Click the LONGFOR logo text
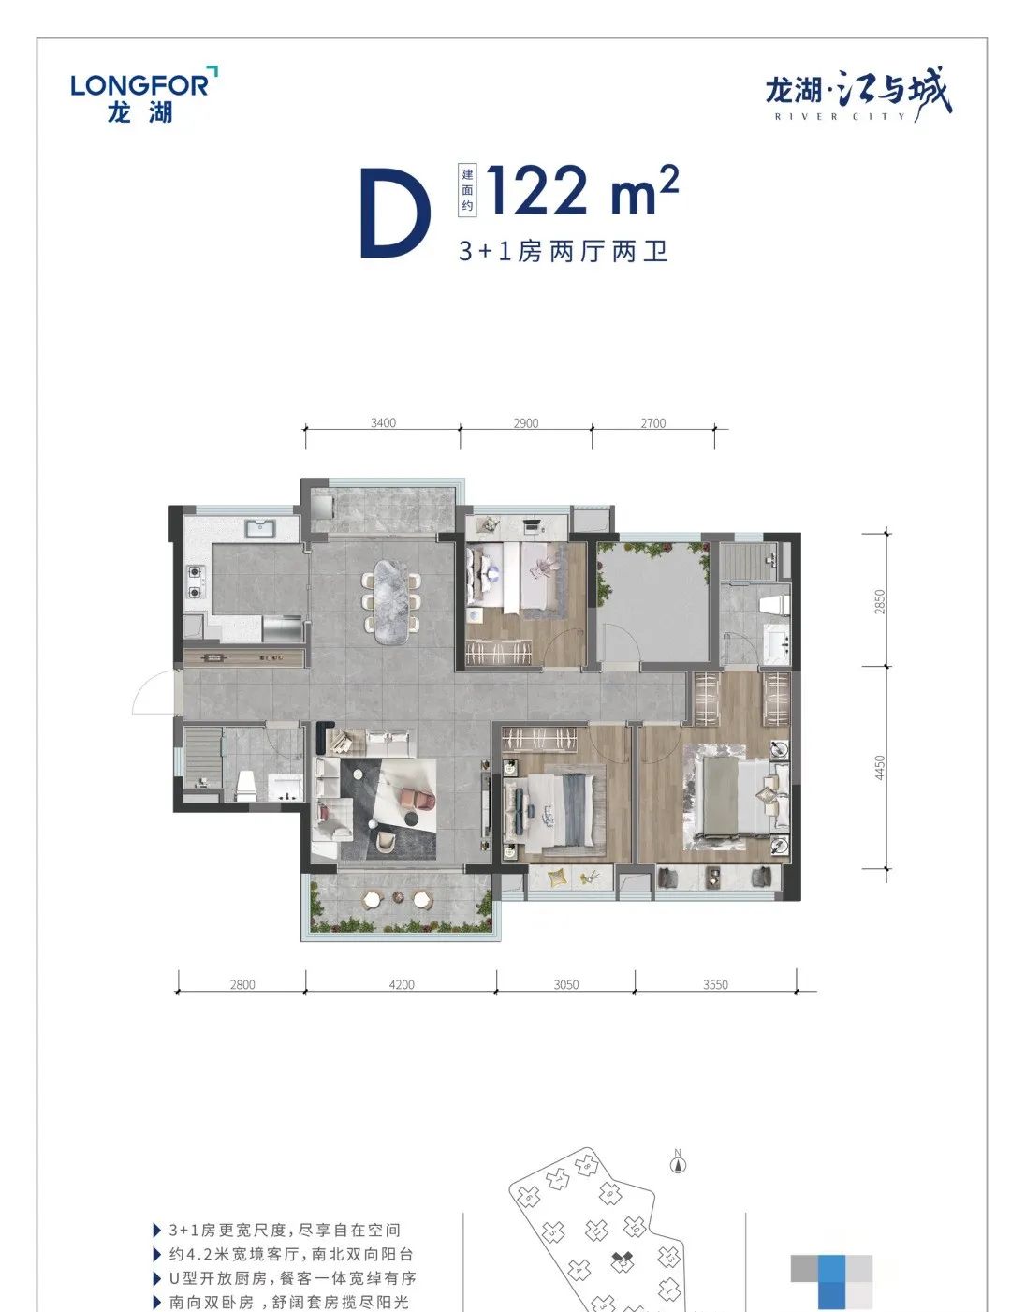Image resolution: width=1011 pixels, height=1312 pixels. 139,85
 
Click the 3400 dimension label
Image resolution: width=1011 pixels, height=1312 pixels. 383,422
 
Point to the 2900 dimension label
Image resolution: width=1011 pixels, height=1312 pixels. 525,423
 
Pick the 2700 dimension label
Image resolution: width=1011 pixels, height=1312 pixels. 652,423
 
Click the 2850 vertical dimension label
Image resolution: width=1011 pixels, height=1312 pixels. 879,601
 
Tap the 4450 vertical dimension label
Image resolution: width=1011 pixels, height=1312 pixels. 879,767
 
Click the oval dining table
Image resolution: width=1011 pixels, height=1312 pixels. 390,602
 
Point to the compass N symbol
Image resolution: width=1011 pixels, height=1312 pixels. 678,1165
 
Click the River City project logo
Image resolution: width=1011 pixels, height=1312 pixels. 858,96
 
